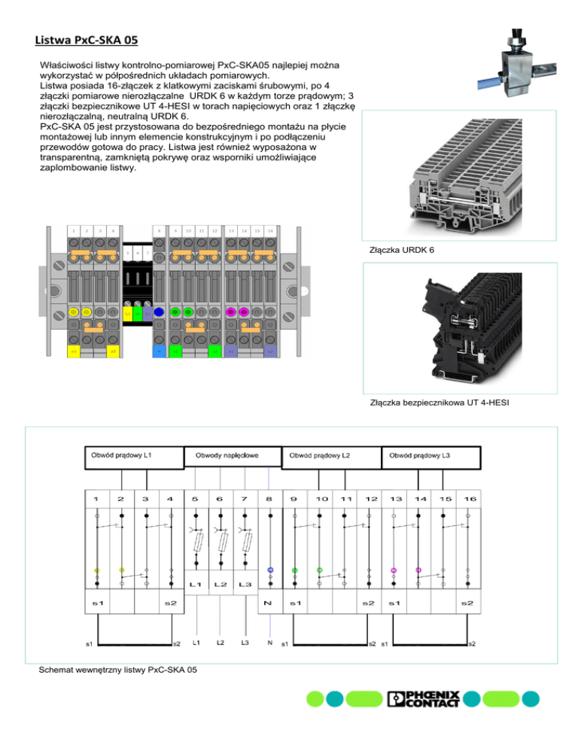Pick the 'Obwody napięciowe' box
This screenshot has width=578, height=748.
click(x=227, y=457)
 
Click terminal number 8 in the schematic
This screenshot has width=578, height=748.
click(x=269, y=499)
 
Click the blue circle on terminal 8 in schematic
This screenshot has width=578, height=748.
click(x=269, y=570)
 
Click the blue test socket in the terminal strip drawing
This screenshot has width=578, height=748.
click(x=159, y=312)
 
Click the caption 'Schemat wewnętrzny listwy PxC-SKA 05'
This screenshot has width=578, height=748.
click(x=122, y=670)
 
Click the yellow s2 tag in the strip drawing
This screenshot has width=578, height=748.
click(x=112, y=351)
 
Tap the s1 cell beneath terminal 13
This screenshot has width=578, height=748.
click(x=394, y=605)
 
